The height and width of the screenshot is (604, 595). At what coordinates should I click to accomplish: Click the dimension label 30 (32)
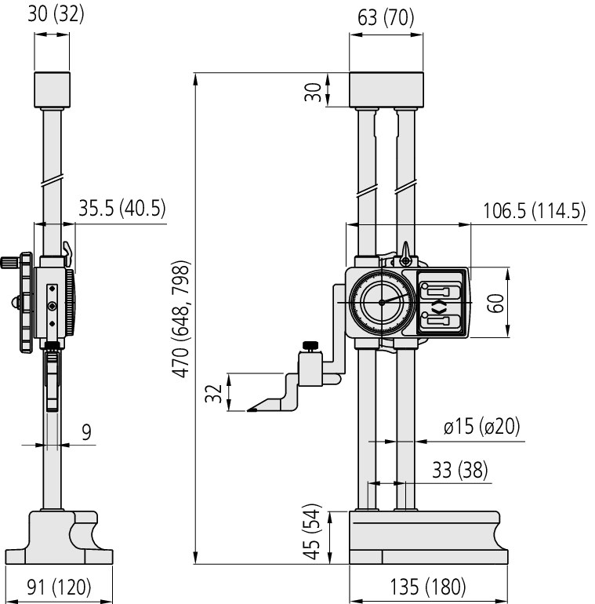click(x=56, y=15)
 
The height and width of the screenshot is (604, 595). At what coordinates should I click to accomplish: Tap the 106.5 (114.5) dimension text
click(x=531, y=211)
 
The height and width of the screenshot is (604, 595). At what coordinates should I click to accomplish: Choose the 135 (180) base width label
click(x=428, y=586)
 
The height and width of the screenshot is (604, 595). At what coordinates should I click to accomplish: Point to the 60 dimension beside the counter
click(x=495, y=302)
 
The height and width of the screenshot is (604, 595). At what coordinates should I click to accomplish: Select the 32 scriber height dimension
click(x=212, y=392)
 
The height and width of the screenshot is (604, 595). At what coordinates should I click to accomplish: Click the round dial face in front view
click(x=381, y=302)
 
